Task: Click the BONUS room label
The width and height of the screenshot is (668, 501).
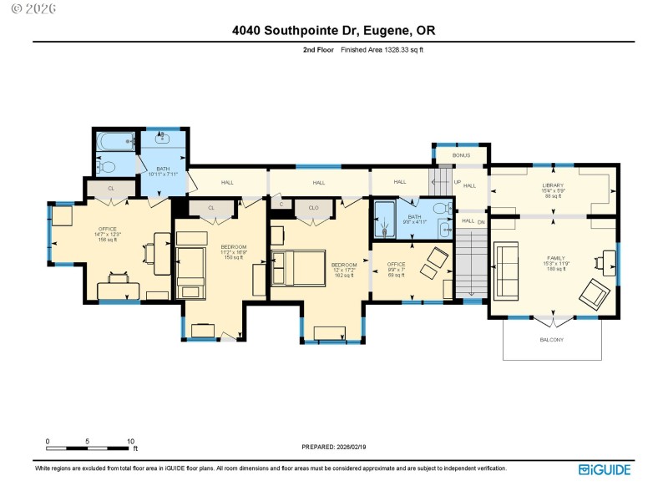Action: pos(461,155)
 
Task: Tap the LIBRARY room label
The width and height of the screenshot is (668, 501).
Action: pos(553,185)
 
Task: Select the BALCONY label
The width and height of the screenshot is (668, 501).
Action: pos(551,340)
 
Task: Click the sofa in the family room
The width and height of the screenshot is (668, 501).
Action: pos(506,270)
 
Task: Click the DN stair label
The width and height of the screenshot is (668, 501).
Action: pos(480,221)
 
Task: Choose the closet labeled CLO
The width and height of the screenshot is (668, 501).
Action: pos(314,206)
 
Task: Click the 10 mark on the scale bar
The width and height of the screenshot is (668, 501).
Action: pos(130,441)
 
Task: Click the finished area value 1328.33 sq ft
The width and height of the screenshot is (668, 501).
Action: pos(397,50)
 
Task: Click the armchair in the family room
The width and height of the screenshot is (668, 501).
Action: pos(594,291)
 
